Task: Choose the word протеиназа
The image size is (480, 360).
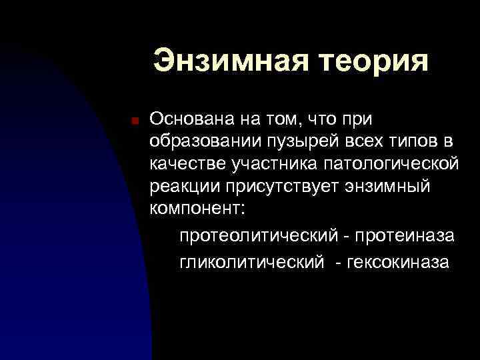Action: click(x=405, y=236)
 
